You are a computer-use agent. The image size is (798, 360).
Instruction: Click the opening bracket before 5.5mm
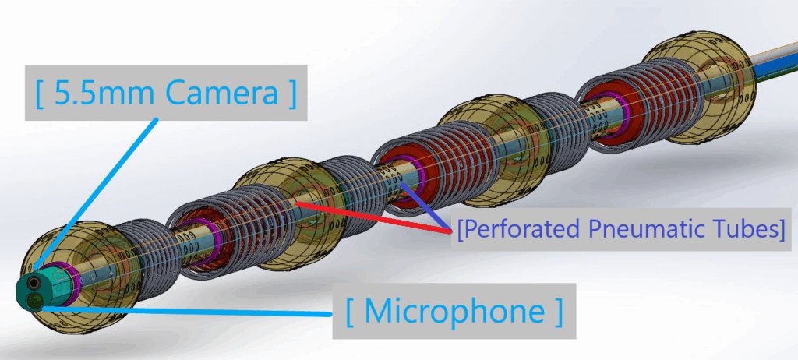tap(40, 94)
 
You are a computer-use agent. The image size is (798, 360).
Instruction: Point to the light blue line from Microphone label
tap(195, 309)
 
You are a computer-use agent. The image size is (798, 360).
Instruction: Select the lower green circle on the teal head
tap(36, 299)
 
